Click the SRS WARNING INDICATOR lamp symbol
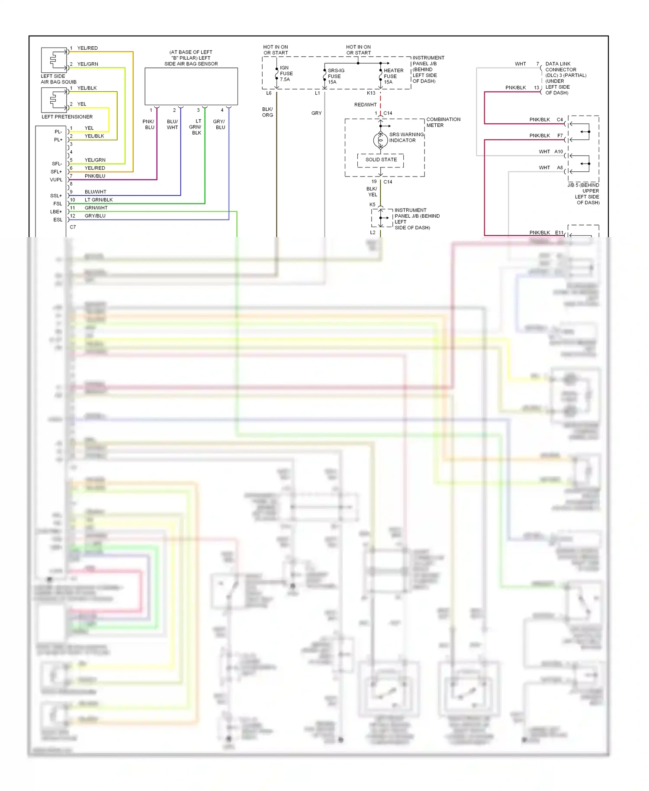tap(380, 140)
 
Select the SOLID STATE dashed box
tap(381, 160)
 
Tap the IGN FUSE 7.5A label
tap(286, 74)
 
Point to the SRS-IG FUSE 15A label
tap(335, 76)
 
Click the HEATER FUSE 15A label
tap(393, 76)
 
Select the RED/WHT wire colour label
tap(365, 105)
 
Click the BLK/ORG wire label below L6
tap(267, 112)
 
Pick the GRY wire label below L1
tap(316, 113)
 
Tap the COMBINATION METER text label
tap(443, 122)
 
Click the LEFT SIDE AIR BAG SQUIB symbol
tap(54, 60)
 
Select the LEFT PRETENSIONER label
tap(67, 117)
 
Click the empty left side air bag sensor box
tap(191, 86)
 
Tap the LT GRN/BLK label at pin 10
tap(99, 200)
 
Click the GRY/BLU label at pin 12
tap(95, 215)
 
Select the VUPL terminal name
tap(56, 180)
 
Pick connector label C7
tap(73, 227)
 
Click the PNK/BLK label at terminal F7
tap(540, 135)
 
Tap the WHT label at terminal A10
tap(544, 151)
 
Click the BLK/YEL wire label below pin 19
tap(372, 192)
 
